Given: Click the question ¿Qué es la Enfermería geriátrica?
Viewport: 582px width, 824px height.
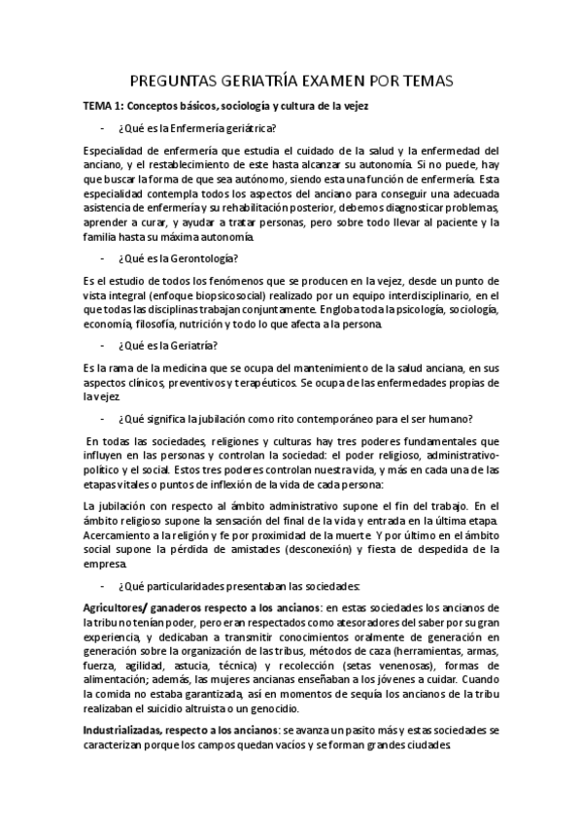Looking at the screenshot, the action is tap(196, 128).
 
